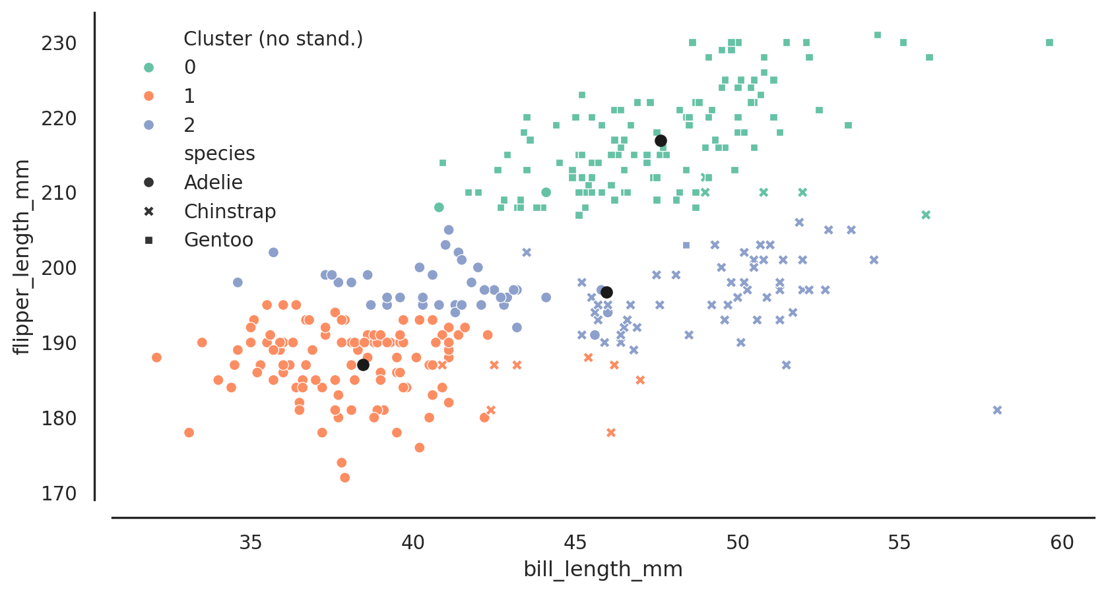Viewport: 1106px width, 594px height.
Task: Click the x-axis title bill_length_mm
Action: pos(602,569)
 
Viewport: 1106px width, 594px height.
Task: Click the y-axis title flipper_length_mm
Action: pos(22,256)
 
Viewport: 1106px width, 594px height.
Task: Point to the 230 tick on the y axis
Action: pos(59,44)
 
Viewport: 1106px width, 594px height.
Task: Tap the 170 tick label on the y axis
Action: pos(59,493)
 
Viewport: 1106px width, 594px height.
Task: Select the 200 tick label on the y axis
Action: pos(59,268)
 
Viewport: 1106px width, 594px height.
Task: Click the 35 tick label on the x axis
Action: pos(251,543)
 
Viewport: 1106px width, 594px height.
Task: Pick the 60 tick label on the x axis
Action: pos(1062,543)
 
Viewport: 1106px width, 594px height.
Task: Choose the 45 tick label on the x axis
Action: pos(575,543)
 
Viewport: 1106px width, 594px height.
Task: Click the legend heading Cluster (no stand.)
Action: pos(273,39)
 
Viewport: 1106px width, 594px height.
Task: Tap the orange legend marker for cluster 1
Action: pos(149,96)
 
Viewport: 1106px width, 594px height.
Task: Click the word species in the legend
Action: pos(219,154)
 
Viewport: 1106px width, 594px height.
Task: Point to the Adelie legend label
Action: pos(213,183)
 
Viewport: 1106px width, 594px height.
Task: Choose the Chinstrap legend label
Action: pos(230,212)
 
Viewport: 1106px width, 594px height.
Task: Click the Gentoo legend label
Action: pos(218,240)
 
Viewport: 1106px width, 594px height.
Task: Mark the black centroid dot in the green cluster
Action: pos(661,140)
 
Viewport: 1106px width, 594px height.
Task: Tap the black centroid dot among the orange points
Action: pos(363,365)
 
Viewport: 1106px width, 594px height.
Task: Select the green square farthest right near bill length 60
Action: pos(1049,43)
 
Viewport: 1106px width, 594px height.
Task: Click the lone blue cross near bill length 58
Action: pos(997,410)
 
